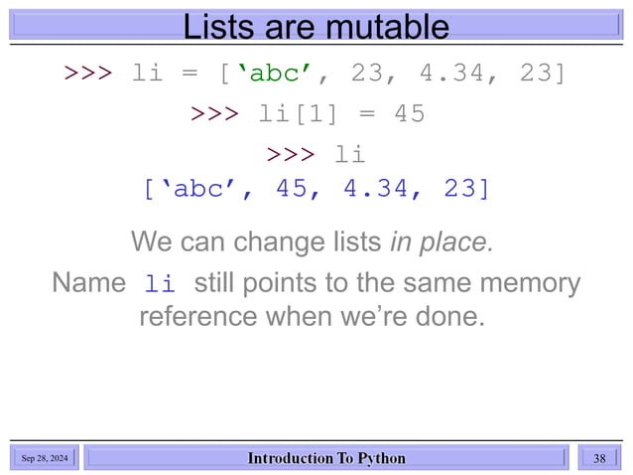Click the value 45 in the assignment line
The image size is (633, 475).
pyautogui.click(x=409, y=114)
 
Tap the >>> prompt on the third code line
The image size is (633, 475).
pyautogui.click(x=291, y=155)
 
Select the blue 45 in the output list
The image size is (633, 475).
pyautogui.click(x=292, y=188)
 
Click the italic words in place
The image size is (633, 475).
pyautogui.click(x=441, y=241)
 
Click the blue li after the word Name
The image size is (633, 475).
pyautogui.click(x=159, y=285)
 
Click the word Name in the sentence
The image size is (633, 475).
pyautogui.click(x=89, y=283)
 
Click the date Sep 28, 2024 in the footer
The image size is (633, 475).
pyautogui.click(x=46, y=458)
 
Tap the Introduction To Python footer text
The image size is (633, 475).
pyautogui.click(x=326, y=458)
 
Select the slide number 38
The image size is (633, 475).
pyautogui.click(x=599, y=458)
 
